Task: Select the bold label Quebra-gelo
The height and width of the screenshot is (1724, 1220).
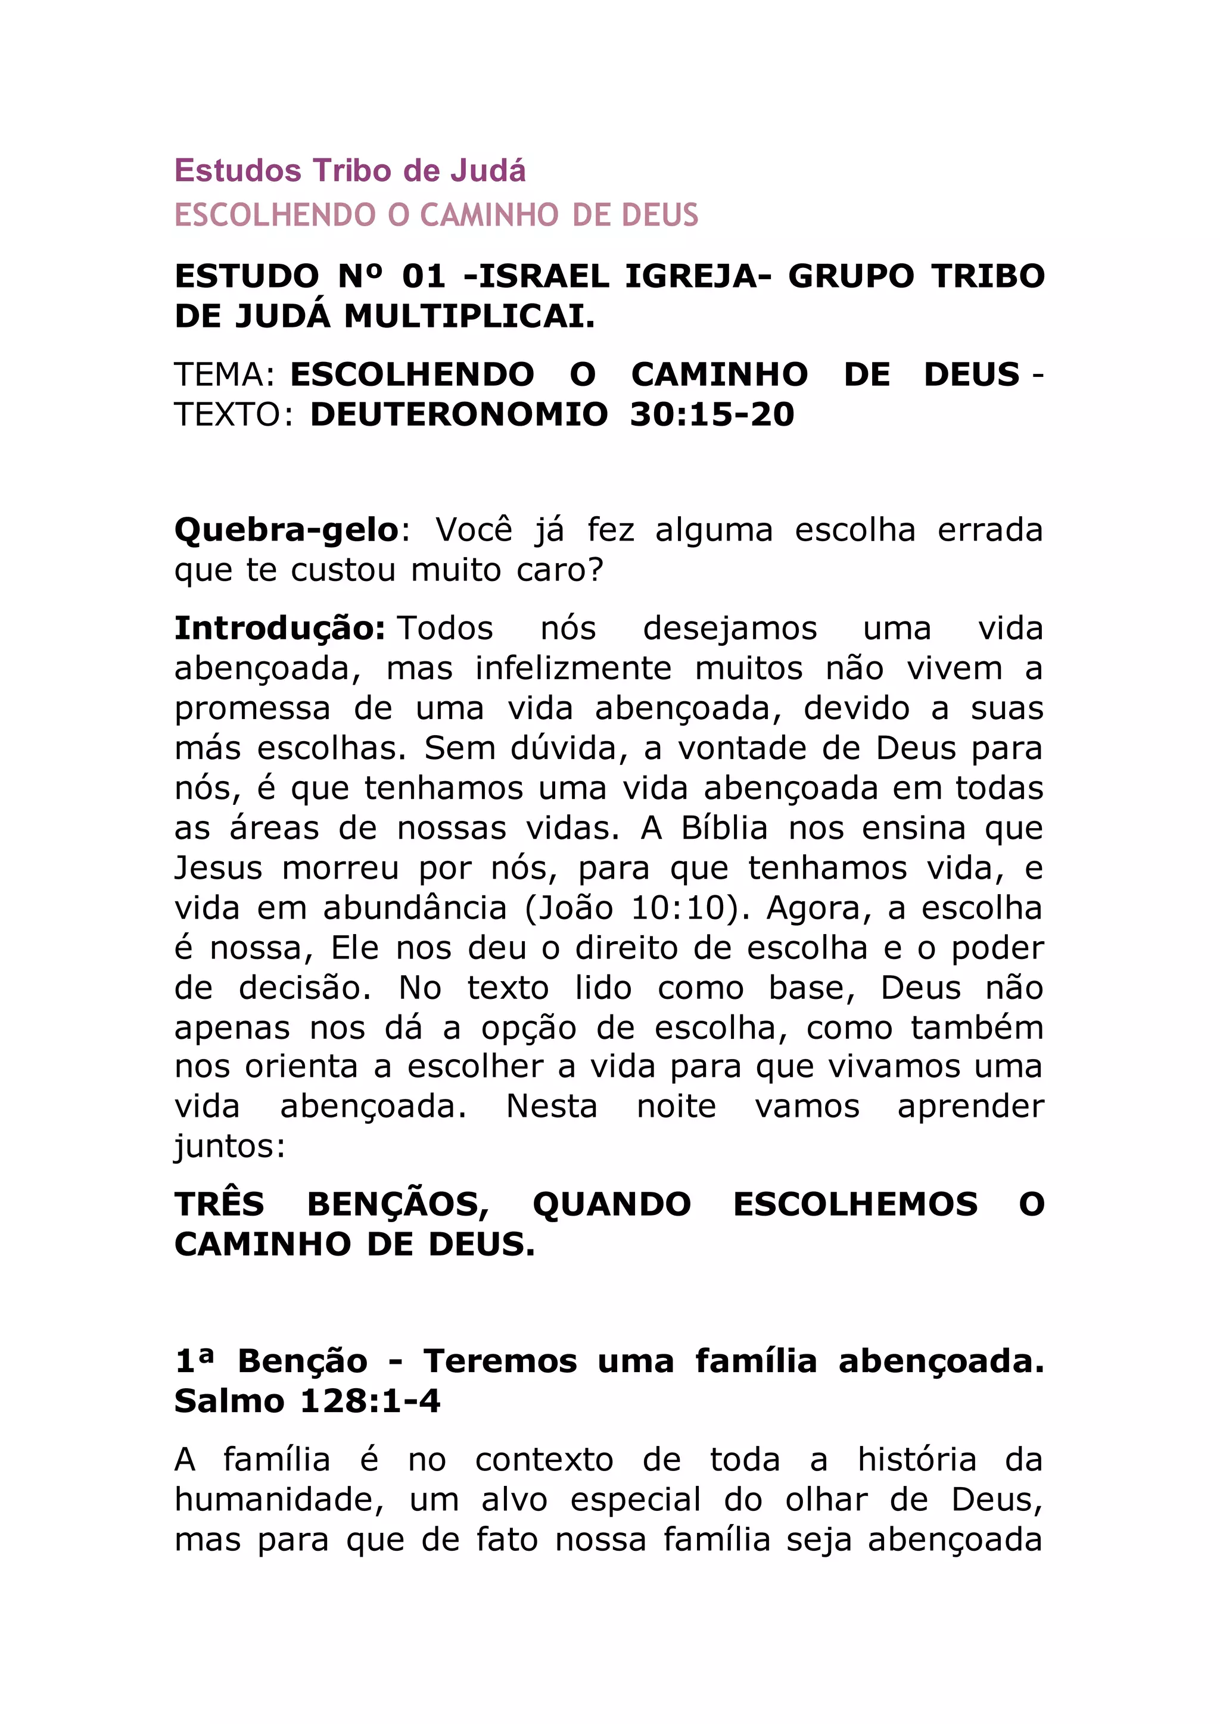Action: tap(286, 530)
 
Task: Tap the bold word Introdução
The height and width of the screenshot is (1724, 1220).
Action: tap(279, 629)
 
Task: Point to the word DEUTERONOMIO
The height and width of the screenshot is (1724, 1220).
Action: tap(458, 414)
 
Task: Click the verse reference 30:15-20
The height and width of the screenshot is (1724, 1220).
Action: tap(711, 414)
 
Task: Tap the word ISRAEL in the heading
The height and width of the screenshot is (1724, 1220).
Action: tap(544, 276)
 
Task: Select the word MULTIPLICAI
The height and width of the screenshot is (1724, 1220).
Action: tap(469, 316)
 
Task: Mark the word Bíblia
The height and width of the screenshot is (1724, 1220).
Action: tap(724, 828)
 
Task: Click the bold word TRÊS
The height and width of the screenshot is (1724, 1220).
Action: tap(219, 1205)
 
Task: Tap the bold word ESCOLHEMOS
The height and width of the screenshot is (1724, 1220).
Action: tap(855, 1205)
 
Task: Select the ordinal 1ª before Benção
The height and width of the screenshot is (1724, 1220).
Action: tap(195, 1361)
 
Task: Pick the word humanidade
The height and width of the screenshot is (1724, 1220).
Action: tap(279, 1500)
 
